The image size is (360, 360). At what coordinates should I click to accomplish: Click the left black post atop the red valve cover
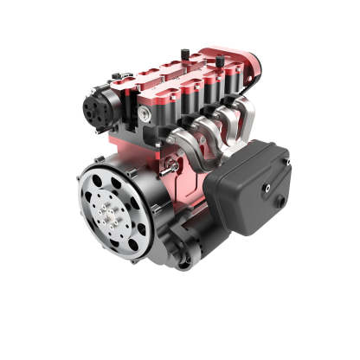pos(183,55)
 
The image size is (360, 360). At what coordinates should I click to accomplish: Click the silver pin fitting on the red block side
pos(175,164)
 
